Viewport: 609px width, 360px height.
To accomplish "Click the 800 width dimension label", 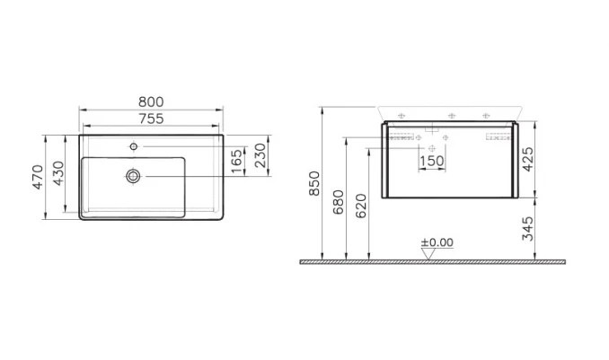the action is coord(151,101).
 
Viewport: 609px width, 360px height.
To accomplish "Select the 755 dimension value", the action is coord(151,119).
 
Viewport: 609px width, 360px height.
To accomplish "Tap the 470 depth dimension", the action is coord(38,177).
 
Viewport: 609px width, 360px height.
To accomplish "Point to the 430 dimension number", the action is coord(58,173).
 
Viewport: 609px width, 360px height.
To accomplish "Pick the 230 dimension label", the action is coord(260,155).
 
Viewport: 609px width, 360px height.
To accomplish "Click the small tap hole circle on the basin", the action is coord(134,146).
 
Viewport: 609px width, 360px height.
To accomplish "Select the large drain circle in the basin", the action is coord(133,176).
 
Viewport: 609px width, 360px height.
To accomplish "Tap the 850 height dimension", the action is coord(314,183).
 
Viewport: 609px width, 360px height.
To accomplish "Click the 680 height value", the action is coord(339,202).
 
